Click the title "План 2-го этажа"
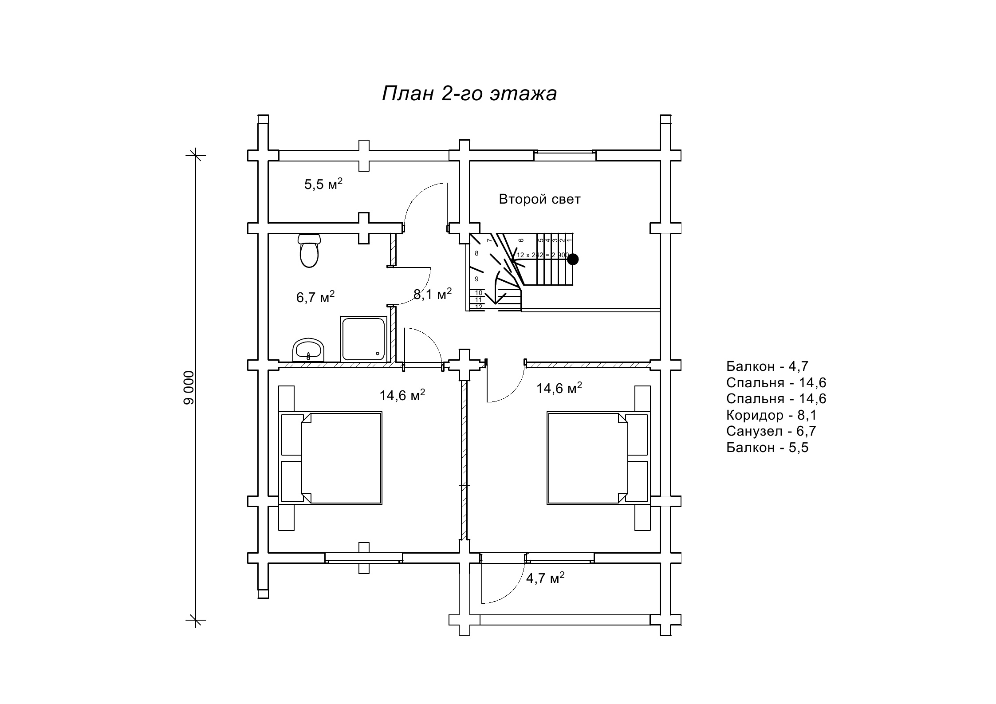tap(469, 94)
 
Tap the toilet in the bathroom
tap(309, 251)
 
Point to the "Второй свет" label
tap(539, 199)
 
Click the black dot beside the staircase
tap(573, 259)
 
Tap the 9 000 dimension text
tap(189, 387)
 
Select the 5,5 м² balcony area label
tap(323, 184)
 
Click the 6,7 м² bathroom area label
tap(315, 297)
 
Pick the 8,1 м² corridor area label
tap(433, 294)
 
